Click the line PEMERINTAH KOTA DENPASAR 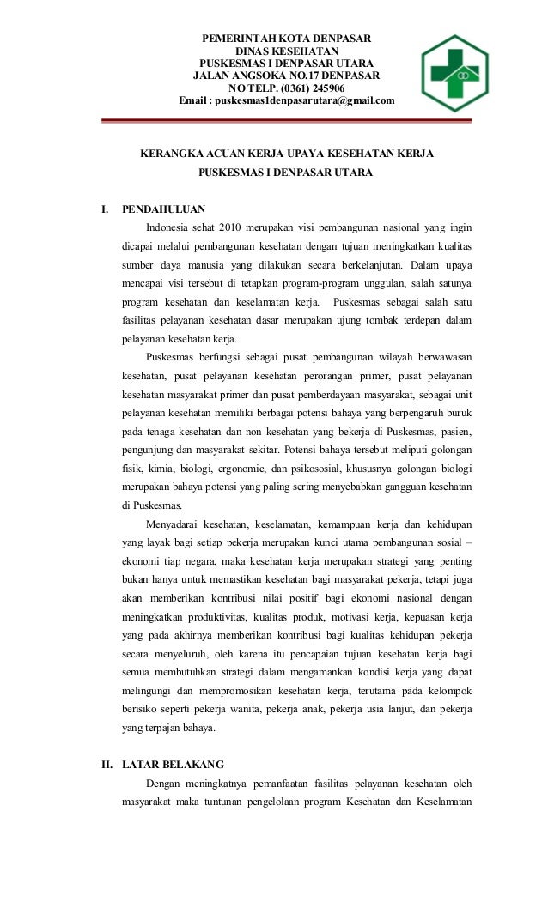pos(286,38)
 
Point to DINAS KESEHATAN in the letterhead pos(286,51)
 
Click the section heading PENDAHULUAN pos(164,208)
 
